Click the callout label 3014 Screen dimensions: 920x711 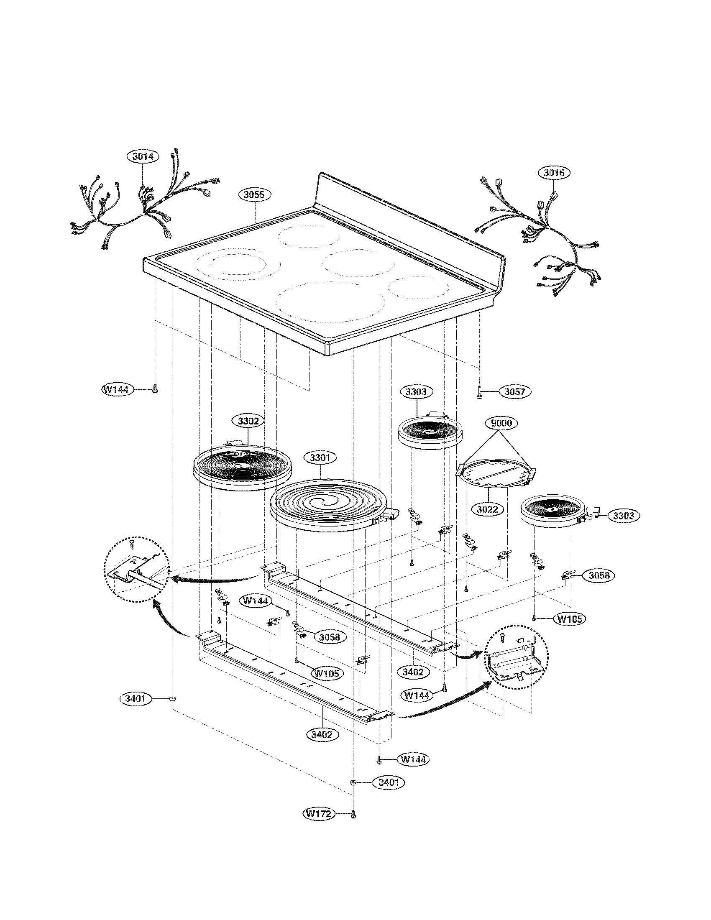tap(143, 156)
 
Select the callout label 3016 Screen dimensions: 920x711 tap(554, 173)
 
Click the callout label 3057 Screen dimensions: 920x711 tap(515, 391)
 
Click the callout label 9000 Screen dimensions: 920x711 tap(501, 422)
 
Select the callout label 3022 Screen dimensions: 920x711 tap(487, 509)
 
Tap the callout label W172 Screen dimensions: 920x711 tap(318, 813)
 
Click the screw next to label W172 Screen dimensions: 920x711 tap(353, 814)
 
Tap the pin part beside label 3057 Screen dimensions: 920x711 tap(480, 393)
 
